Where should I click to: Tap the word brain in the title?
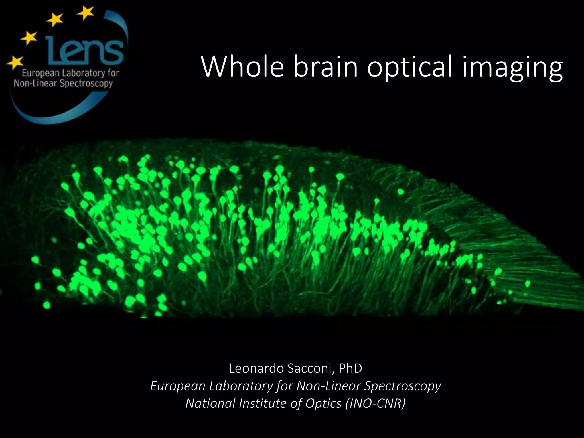325,67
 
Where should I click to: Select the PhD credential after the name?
350,368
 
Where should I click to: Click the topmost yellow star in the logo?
85,13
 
